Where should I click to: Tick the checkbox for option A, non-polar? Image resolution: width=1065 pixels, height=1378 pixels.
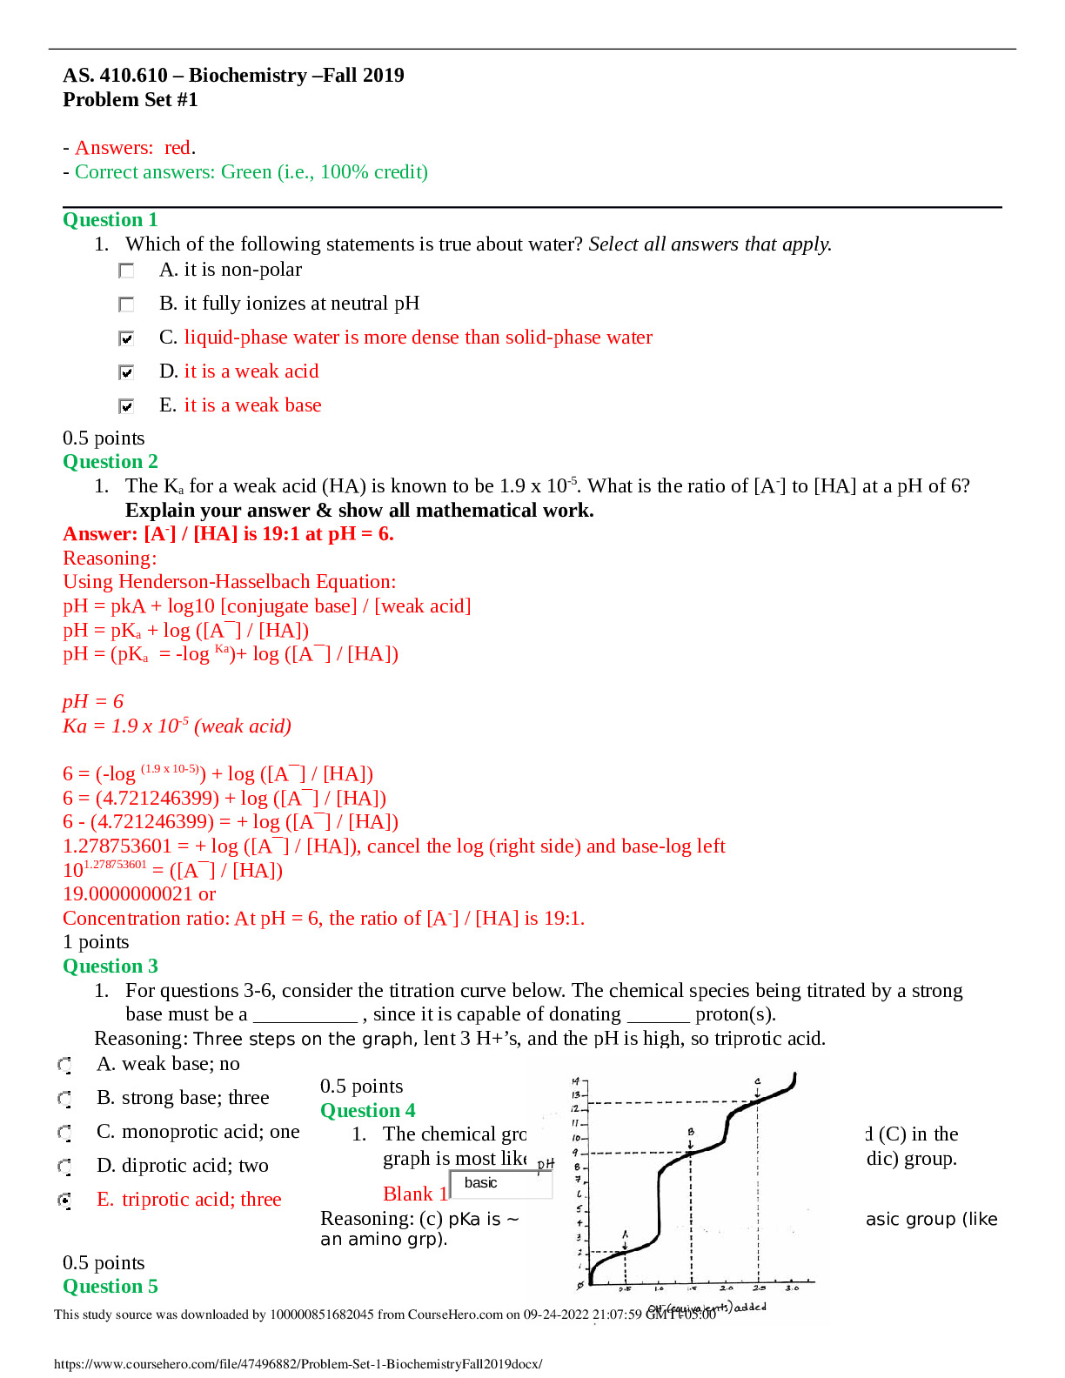[x=126, y=271]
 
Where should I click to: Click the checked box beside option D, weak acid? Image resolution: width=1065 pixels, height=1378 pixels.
[x=126, y=372]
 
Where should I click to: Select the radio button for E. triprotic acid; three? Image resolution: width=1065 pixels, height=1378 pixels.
[x=64, y=1201]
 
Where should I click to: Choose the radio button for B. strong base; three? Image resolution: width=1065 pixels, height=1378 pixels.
[x=64, y=1099]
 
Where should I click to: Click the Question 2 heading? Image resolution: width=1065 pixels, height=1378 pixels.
[x=111, y=462]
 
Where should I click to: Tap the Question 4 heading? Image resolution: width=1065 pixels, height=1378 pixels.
[x=367, y=1111]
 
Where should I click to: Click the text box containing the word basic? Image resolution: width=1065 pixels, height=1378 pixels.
[x=501, y=1183]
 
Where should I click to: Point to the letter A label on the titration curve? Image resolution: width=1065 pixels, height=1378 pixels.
[x=625, y=1234]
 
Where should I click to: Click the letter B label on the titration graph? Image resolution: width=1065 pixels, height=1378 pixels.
[x=691, y=1132]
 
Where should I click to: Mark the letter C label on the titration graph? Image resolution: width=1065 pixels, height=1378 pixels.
[x=757, y=1081]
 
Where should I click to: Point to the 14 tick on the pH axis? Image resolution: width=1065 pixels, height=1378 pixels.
[x=575, y=1080]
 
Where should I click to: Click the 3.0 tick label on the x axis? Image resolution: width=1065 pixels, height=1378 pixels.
[x=792, y=1288]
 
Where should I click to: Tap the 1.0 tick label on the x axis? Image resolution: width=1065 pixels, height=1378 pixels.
[x=659, y=1288]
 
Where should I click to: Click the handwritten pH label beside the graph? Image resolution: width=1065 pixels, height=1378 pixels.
[x=546, y=1164]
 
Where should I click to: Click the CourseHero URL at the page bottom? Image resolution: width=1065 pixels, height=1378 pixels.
[x=298, y=1364]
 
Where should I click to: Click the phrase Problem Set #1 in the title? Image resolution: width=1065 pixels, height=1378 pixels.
[x=131, y=100]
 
